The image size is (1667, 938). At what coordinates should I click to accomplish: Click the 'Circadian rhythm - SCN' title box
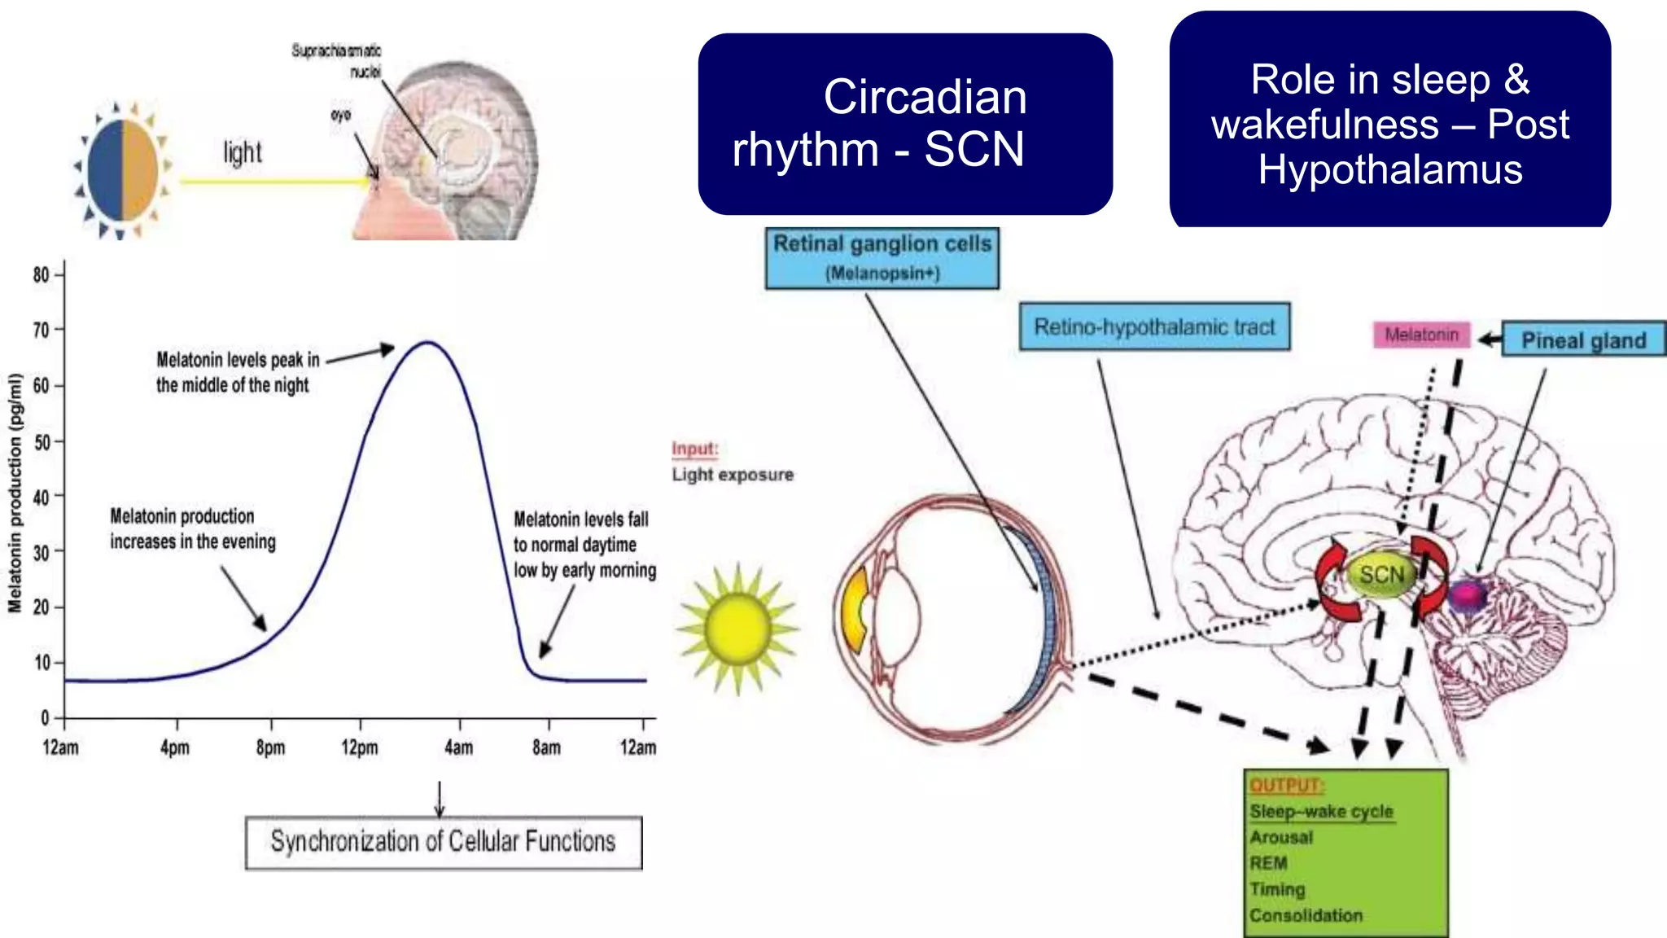[905, 124]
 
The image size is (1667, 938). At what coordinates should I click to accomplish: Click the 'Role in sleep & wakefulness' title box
[1389, 122]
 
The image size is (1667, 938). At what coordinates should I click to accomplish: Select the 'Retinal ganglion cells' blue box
[882, 257]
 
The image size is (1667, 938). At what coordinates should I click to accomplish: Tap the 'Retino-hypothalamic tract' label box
[1154, 327]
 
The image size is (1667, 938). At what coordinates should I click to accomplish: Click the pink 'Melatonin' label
[1421, 335]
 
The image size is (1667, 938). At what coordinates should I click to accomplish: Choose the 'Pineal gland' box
[1582, 340]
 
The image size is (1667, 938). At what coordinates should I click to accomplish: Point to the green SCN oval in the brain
[1381, 575]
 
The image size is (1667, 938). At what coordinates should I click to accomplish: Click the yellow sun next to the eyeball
[738, 627]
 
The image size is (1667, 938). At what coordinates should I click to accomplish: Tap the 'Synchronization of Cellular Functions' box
[444, 842]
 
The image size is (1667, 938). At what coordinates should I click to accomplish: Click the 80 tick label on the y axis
[41, 275]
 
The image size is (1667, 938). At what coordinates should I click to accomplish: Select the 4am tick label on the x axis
[459, 747]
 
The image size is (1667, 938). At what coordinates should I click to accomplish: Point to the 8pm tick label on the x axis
[270, 747]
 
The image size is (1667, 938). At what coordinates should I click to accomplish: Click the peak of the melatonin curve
[427, 343]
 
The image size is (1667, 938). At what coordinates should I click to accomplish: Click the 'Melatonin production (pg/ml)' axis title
[15, 493]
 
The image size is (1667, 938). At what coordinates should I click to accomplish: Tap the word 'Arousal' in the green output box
[1281, 837]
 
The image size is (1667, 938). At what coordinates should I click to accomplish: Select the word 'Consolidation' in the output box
[1306, 915]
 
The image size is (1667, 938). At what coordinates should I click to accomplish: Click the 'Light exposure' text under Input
[733, 475]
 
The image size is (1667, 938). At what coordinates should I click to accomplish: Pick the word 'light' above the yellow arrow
[243, 152]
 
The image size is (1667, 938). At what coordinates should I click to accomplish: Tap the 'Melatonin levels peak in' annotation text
[238, 360]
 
